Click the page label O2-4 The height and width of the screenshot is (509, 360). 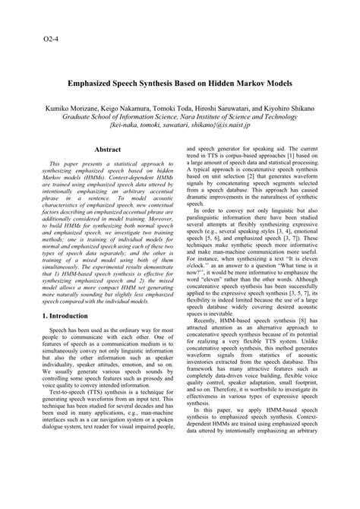click(x=46, y=36)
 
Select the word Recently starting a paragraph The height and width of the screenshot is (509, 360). click(x=214, y=343)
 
